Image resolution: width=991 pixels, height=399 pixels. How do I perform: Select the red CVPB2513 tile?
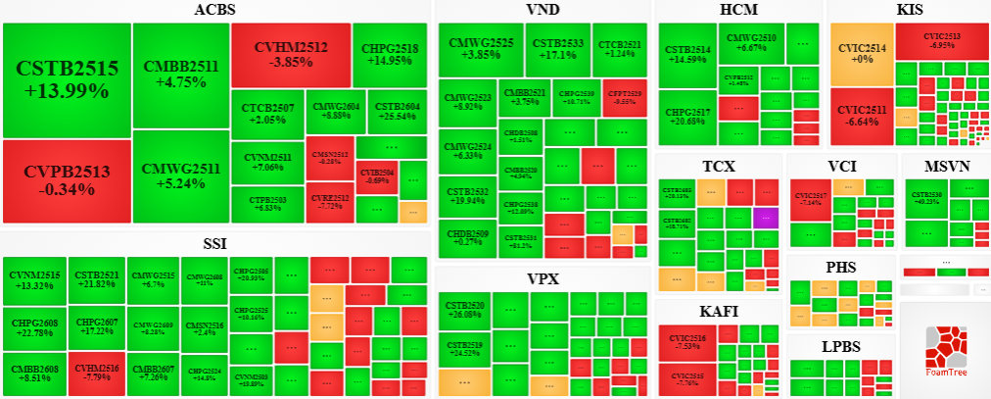tap(67, 180)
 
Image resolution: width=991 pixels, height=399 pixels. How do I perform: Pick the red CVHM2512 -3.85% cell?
tap(291, 54)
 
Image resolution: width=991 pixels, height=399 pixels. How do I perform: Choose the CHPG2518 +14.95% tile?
tap(390, 54)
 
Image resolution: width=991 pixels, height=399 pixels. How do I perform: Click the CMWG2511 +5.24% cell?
tap(180, 176)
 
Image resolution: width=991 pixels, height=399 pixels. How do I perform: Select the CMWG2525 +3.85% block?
tap(481, 50)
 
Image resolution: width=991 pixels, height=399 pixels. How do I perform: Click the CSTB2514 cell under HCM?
tap(687, 55)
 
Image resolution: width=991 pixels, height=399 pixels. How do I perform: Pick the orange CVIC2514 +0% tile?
tap(861, 53)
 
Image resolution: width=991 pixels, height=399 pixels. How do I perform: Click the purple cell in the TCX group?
tap(766, 218)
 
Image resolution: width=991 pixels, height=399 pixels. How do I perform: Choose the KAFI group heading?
tap(719, 312)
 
